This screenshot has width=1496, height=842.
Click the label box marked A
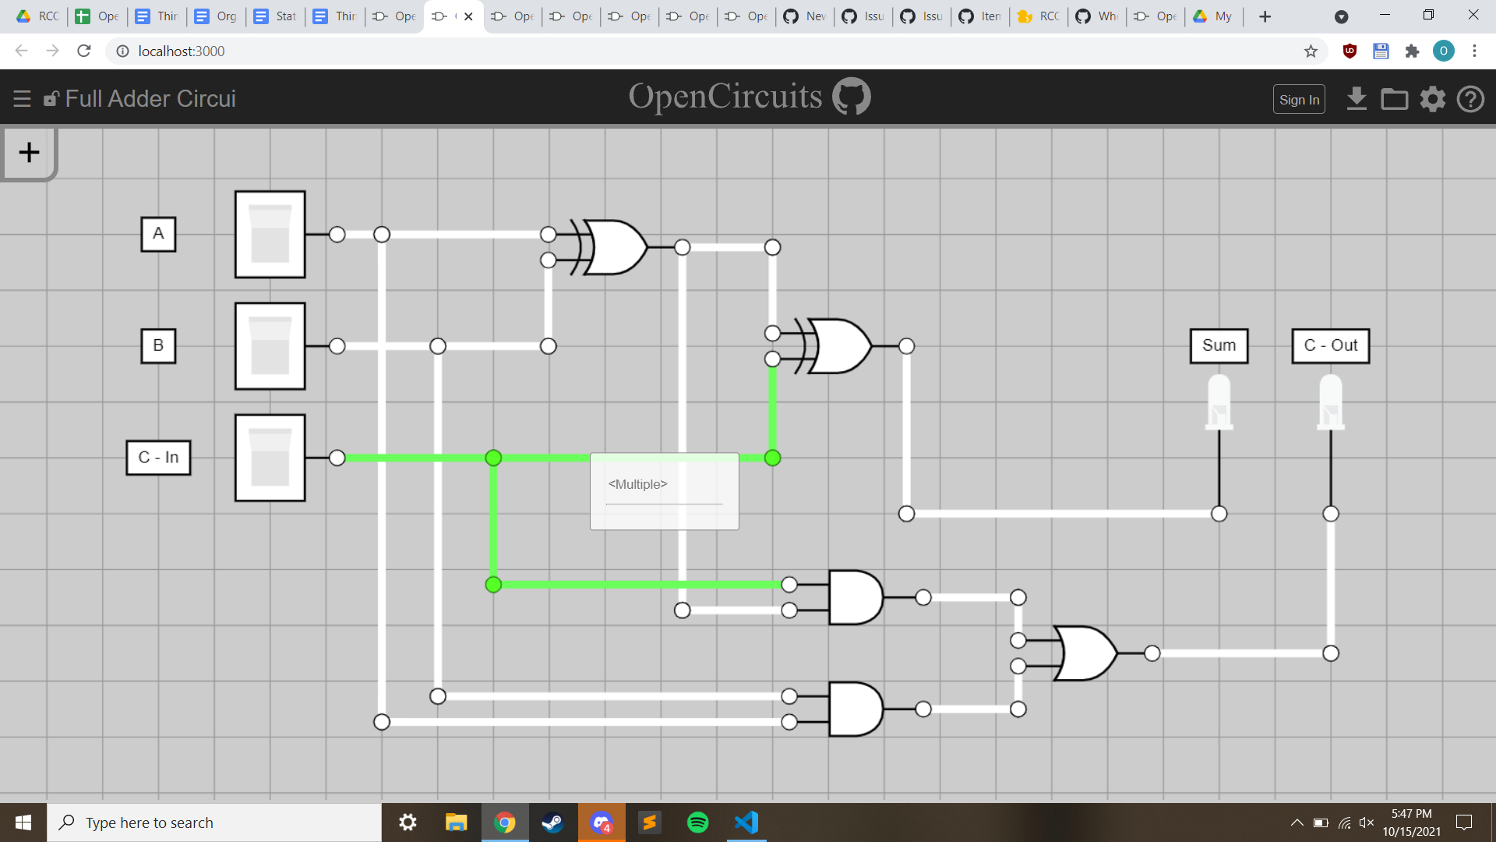coord(158,234)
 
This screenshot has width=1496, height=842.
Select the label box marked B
coord(158,345)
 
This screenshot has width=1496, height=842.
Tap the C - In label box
coord(158,458)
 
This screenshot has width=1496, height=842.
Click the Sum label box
coord(1219,345)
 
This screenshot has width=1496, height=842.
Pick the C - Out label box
coord(1330,345)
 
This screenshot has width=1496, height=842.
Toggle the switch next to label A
coord(270,234)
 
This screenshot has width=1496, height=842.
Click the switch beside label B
coord(270,345)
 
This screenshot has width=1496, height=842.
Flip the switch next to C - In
coord(270,458)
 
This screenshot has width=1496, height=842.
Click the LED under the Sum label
coord(1219,402)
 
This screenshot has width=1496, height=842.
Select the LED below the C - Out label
coord(1330,402)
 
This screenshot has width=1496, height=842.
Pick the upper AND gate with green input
coord(855,597)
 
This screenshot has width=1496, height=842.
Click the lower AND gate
coord(855,709)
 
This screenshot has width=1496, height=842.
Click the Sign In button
coord(1299,100)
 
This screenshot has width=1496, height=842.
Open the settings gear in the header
coord(1432,99)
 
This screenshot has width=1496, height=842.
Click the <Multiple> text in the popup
coord(638,484)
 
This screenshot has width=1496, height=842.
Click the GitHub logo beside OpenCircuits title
coord(851,97)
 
